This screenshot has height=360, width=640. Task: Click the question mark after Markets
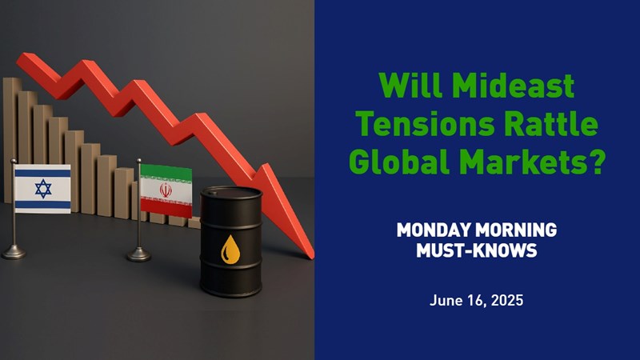tap(596, 161)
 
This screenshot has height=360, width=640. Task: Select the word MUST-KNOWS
tap(476, 250)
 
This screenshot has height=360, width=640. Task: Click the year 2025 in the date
tap(507, 301)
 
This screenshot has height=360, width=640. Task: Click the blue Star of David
tap(43, 189)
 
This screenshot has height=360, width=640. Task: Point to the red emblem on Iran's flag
tap(166, 190)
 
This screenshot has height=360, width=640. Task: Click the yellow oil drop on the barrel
tap(230, 250)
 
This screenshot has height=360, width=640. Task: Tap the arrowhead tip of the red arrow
tap(313, 258)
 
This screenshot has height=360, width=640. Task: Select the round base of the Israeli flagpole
tap(14, 252)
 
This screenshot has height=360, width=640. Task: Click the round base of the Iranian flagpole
tap(138, 254)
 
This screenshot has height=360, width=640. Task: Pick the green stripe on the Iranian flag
tap(166, 172)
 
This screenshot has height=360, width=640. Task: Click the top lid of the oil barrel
tap(231, 193)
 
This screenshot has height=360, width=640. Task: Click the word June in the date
tap(446, 301)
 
